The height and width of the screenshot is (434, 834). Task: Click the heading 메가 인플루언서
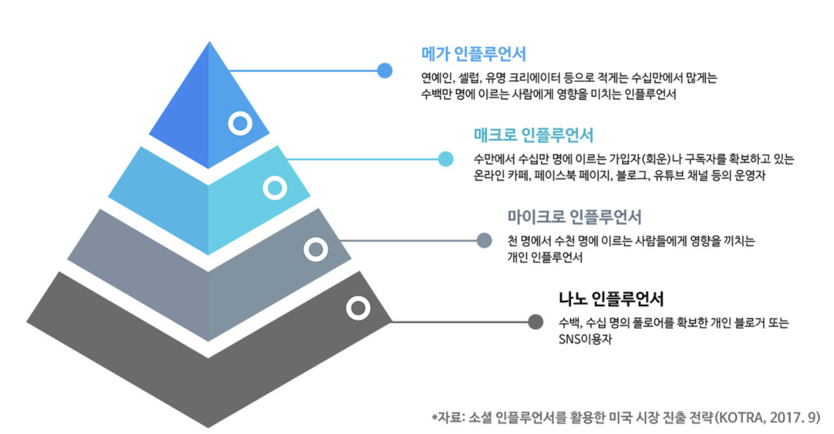pyautogui.click(x=473, y=54)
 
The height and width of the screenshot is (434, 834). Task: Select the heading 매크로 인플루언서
pyautogui.click(x=533, y=135)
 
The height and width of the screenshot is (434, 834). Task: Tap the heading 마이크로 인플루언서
pyautogui.click(x=574, y=217)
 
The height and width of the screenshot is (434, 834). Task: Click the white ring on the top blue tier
pyautogui.click(x=240, y=123)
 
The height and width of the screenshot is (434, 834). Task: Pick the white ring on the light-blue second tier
pyautogui.click(x=274, y=187)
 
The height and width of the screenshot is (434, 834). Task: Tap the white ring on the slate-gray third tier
pyautogui.click(x=315, y=249)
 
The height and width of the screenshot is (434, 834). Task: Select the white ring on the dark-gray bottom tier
pyautogui.click(x=358, y=308)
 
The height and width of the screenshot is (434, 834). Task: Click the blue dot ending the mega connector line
pyautogui.click(x=385, y=70)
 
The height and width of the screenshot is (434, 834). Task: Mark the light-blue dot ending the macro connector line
pyautogui.click(x=445, y=158)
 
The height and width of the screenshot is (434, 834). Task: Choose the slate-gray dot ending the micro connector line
pyautogui.click(x=484, y=240)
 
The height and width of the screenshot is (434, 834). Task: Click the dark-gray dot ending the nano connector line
pyautogui.click(x=535, y=322)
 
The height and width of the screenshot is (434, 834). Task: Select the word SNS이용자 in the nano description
pyautogui.click(x=585, y=339)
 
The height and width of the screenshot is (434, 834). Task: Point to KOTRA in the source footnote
pyautogui.click(x=741, y=417)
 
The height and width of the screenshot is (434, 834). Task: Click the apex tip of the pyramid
pyautogui.click(x=209, y=43)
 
